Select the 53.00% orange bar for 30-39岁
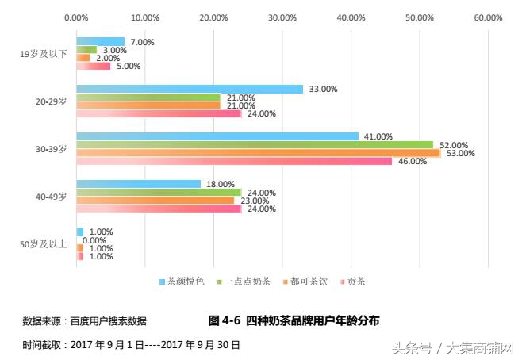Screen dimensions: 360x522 tap(258, 153)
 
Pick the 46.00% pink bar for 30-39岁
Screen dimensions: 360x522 tap(234, 161)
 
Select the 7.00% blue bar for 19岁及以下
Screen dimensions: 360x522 tap(100, 41)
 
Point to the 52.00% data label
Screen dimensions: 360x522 tap(454, 145)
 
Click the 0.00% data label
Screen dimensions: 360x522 tap(94, 240)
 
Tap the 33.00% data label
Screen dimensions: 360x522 tap(324, 90)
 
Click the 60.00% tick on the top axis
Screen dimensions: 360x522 tap(488, 17)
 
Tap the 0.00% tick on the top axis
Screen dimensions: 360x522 tap(76, 17)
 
